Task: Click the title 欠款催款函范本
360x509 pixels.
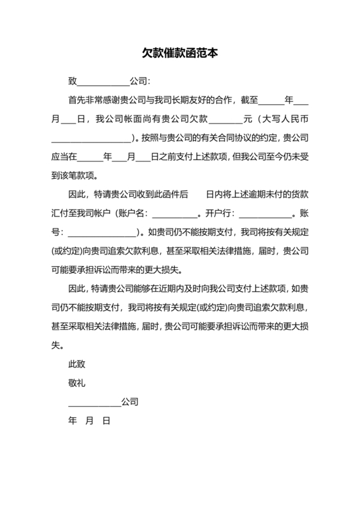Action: click(x=180, y=54)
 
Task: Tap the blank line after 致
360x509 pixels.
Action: click(x=103, y=82)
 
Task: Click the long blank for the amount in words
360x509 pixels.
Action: click(x=91, y=138)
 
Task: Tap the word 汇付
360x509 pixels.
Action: click(x=60, y=212)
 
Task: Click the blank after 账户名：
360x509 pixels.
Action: click(x=174, y=213)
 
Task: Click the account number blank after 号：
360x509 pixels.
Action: click(x=102, y=231)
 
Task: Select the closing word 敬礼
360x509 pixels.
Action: click(x=77, y=383)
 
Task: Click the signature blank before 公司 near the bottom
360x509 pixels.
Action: click(x=94, y=403)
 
